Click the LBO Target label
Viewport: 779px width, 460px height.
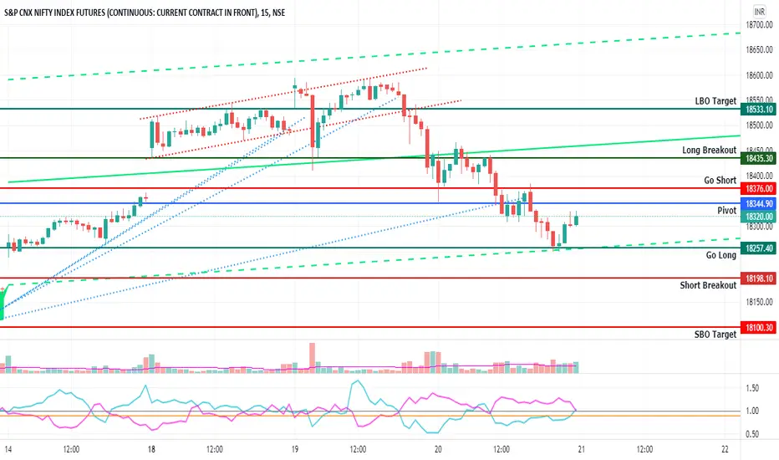click(715, 101)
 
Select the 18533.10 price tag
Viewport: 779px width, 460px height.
click(758, 110)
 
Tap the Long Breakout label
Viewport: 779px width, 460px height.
click(709, 151)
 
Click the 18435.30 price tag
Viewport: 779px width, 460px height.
click(758, 159)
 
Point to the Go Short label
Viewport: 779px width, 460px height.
click(720, 180)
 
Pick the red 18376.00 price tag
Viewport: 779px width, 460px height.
click(758, 189)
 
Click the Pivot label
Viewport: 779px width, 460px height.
click(727, 211)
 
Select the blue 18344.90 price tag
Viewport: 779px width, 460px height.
click(758, 204)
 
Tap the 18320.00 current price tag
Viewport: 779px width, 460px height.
click(758, 217)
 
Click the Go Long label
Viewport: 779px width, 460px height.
click(720, 255)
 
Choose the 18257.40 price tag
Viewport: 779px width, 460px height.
click(758, 248)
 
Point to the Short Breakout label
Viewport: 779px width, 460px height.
click(708, 285)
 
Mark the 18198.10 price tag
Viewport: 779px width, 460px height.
click(758, 279)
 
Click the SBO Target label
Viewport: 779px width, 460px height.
click(715, 335)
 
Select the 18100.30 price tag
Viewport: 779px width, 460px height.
click(758, 328)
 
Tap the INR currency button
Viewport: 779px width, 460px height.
click(759, 12)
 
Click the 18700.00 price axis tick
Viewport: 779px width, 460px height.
click(759, 25)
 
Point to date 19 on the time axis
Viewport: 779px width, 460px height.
click(295, 449)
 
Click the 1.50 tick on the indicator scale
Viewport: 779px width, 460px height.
click(752, 388)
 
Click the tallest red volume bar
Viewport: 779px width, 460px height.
click(312, 358)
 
